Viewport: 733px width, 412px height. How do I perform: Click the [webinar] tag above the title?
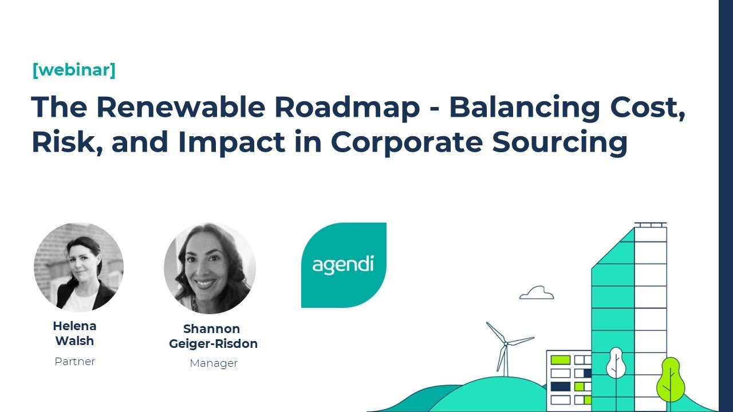tap(74, 70)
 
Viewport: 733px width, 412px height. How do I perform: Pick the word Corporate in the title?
tap(405, 142)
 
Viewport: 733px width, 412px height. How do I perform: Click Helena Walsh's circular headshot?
tap(78, 267)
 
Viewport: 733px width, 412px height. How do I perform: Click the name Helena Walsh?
tap(74, 333)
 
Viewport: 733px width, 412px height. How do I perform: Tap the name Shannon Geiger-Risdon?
tap(213, 336)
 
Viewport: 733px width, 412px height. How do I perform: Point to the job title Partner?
tap(74, 361)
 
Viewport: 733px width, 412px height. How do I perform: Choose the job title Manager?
tap(213, 363)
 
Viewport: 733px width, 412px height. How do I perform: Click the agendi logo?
tap(344, 265)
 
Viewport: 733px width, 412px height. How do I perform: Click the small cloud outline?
tap(537, 293)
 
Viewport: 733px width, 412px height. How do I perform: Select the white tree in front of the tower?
tap(616, 363)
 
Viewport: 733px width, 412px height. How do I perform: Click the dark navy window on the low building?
tap(561, 386)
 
